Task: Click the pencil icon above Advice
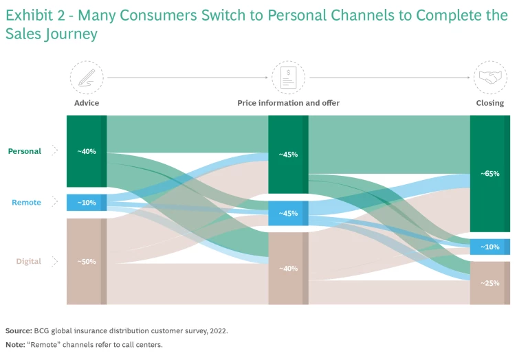(87, 77)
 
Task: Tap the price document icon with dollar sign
(288, 77)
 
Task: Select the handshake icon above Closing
(489, 77)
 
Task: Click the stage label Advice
(87, 103)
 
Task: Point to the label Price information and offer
(288, 103)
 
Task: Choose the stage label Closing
(489, 103)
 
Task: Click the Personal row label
(25, 151)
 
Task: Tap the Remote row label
(26, 203)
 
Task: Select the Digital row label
(29, 261)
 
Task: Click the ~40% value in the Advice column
(86, 151)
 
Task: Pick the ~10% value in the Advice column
(86, 203)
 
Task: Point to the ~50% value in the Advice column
(86, 262)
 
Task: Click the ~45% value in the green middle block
(288, 155)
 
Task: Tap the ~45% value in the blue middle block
(288, 214)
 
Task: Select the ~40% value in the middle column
(288, 269)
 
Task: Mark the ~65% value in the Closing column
(489, 174)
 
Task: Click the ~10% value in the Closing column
(489, 247)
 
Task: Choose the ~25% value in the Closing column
(489, 283)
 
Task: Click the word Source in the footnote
(19, 330)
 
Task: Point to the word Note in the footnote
(15, 344)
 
